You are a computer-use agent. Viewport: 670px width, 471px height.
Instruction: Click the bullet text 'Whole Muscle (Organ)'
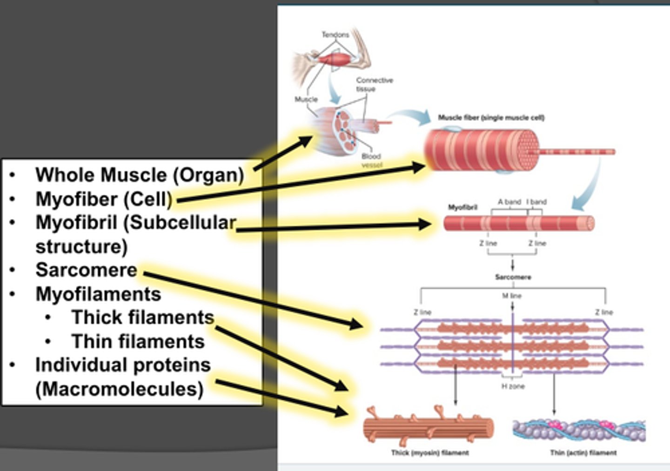(x=140, y=175)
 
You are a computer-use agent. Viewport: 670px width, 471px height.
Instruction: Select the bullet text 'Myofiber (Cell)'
(x=104, y=199)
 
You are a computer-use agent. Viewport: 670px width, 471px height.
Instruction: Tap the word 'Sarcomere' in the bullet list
(x=86, y=270)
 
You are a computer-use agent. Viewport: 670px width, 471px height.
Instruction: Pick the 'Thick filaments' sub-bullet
(x=142, y=318)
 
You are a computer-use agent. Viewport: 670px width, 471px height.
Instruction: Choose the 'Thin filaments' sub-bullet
(x=138, y=342)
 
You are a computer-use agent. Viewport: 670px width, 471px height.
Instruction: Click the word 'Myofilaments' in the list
(x=98, y=294)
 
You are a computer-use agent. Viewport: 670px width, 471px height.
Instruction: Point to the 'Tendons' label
(x=335, y=35)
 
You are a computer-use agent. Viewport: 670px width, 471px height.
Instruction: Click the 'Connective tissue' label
(x=375, y=85)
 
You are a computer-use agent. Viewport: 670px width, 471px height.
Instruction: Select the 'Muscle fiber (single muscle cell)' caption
(x=491, y=118)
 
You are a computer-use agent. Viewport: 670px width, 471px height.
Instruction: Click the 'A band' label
(x=509, y=202)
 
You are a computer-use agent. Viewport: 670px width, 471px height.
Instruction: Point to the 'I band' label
(x=536, y=202)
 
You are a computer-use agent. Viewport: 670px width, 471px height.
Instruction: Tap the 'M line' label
(x=512, y=296)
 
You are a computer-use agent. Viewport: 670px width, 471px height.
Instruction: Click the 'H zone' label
(x=513, y=386)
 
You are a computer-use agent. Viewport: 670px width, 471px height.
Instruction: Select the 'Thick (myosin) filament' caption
(x=429, y=452)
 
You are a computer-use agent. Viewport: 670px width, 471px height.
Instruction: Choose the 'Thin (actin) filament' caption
(x=583, y=452)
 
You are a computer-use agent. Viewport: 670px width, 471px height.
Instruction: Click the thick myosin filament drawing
(x=428, y=427)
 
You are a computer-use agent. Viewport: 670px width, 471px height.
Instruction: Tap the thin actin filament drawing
(x=579, y=431)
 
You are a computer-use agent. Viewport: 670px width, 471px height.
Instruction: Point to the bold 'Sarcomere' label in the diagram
(x=513, y=277)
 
